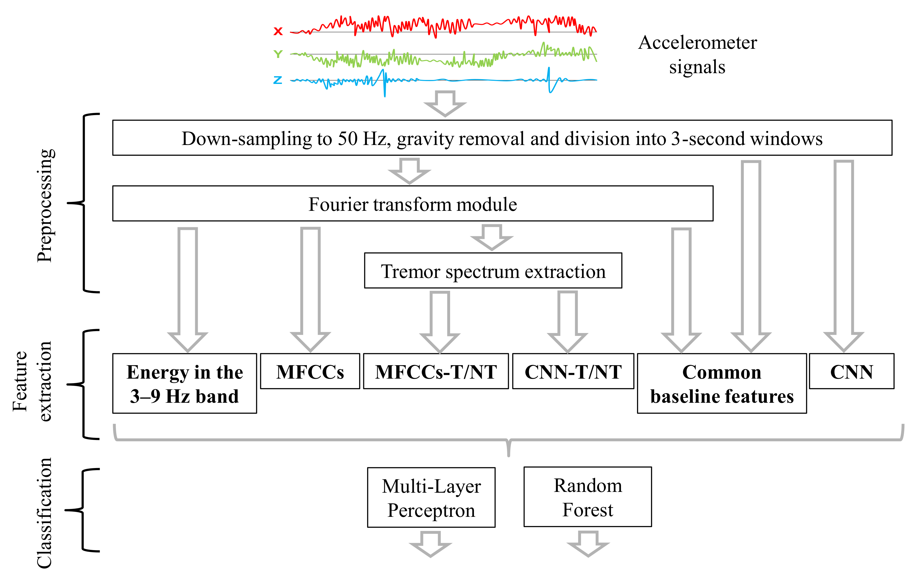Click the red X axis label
[278, 31]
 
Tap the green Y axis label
[278, 54]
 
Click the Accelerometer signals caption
[697, 54]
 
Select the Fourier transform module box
[413, 203]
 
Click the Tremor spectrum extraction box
[493, 271]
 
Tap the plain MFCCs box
[310, 371]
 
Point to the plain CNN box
[851, 371]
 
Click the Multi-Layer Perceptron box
[431, 497]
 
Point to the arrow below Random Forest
[588, 544]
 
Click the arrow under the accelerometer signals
[445, 103]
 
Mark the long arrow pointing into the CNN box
[843, 256]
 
